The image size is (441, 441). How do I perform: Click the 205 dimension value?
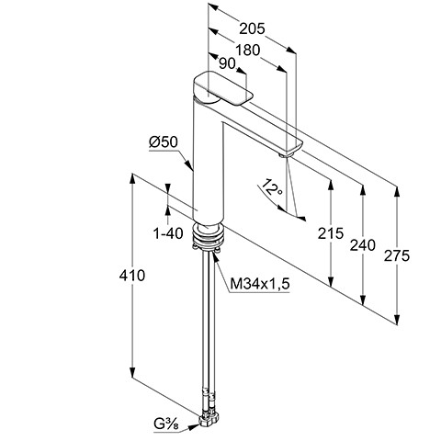(252, 28)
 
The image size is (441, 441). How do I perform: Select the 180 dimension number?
(247, 50)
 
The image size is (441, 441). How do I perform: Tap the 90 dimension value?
(228, 64)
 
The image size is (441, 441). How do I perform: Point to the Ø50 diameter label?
(164, 142)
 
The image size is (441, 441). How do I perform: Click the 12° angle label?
(272, 187)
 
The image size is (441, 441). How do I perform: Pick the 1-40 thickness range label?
(168, 234)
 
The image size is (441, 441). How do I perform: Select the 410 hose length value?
(131, 276)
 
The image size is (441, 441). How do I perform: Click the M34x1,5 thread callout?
(260, 284)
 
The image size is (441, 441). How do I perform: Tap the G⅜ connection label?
(166, 424)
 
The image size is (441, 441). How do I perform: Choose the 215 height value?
(331, 233)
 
